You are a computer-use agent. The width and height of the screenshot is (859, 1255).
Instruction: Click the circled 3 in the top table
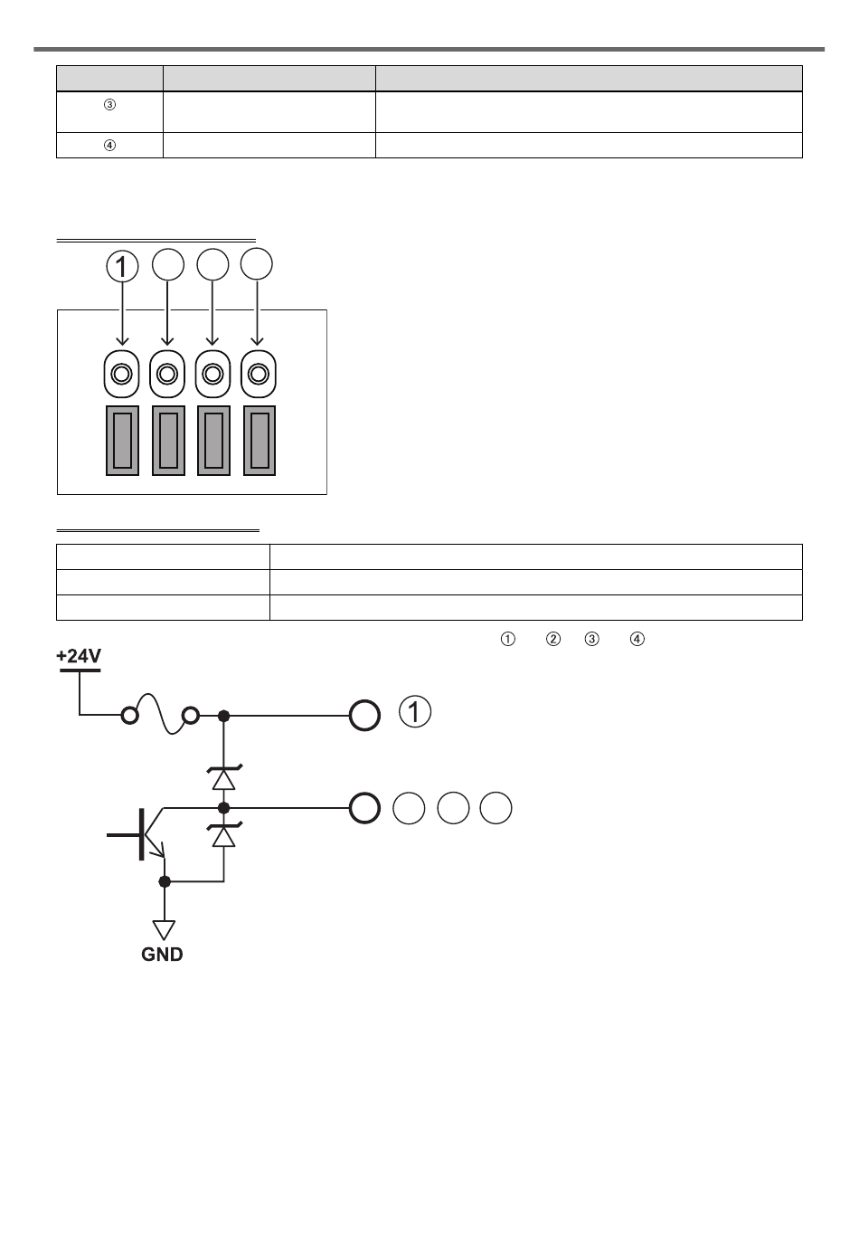[x=109, y=105]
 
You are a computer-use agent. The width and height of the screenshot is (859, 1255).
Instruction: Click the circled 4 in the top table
[x=109, y=146]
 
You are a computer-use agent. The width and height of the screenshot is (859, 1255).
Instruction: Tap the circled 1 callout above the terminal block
[x=123, y=266]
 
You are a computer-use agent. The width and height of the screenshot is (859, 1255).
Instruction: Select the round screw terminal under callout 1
[x=121, y=374]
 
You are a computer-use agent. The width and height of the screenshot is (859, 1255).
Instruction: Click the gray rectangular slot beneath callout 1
[x=123, y=441]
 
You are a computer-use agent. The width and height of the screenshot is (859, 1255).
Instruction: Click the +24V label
[x=79, y=655]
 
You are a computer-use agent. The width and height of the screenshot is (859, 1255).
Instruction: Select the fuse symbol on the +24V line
[x=161, y=714]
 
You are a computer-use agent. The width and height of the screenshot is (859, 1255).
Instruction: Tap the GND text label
[x=162, y=954]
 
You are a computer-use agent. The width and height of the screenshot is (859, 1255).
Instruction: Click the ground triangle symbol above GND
[x=164, y=929]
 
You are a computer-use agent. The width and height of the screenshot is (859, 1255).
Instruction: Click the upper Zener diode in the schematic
[x=224, y=777]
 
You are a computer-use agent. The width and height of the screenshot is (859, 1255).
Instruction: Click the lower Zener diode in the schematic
[x=224, y=835]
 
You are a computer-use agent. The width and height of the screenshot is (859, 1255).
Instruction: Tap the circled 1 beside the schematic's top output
[x=415, y=711]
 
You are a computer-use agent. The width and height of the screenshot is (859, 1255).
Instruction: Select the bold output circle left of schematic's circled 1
[x=364, y=716]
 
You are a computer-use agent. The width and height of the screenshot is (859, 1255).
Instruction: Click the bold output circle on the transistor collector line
[x=364, y=808]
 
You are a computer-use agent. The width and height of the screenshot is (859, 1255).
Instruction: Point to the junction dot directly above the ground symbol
[x=164, y=882]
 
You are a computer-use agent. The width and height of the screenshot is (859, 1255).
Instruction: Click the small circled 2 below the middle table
[x=553, y=639]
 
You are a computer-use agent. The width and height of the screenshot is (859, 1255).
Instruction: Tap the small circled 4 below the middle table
[x=637, y=639]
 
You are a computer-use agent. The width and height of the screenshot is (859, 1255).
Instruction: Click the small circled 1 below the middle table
[x=508, y=639]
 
